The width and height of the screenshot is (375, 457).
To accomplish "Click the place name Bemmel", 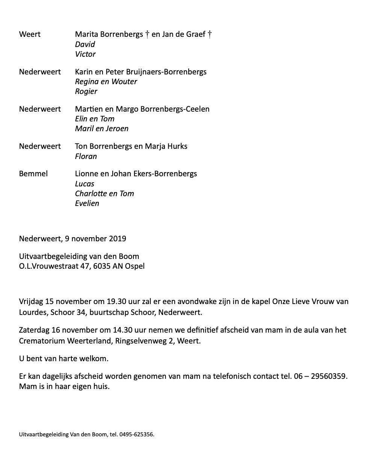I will tap(33, 174).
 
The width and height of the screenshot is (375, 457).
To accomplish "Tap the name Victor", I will tap(85, 54).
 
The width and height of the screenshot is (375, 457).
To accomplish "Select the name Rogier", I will tap(86, 91).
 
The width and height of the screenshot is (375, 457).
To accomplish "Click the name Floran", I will tap(86, 156).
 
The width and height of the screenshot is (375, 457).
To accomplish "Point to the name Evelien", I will tap(87, 203).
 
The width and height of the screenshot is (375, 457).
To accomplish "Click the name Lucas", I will tap(85, 184).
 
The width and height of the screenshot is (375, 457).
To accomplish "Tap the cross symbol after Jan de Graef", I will tap(210, 35).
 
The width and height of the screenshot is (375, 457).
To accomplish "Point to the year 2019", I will tap(118, 239).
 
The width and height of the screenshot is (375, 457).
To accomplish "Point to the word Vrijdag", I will tap(31, 302).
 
